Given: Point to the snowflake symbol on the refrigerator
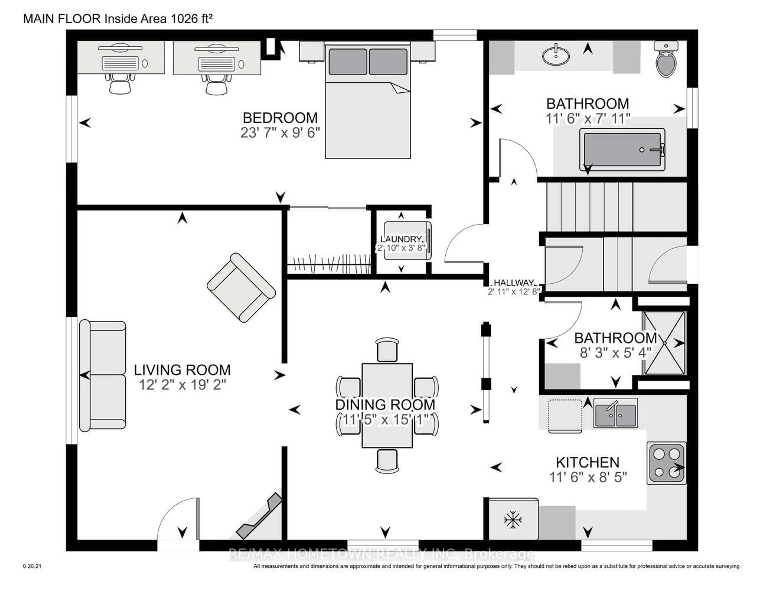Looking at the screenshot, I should tap(513, 520).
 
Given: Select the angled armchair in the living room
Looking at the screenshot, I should tap(241, 288).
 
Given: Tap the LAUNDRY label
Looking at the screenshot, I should tap(401, 239).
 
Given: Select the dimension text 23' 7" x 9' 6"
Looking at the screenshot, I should tap(280, 133).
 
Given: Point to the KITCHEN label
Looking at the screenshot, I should tap(587, 463).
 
